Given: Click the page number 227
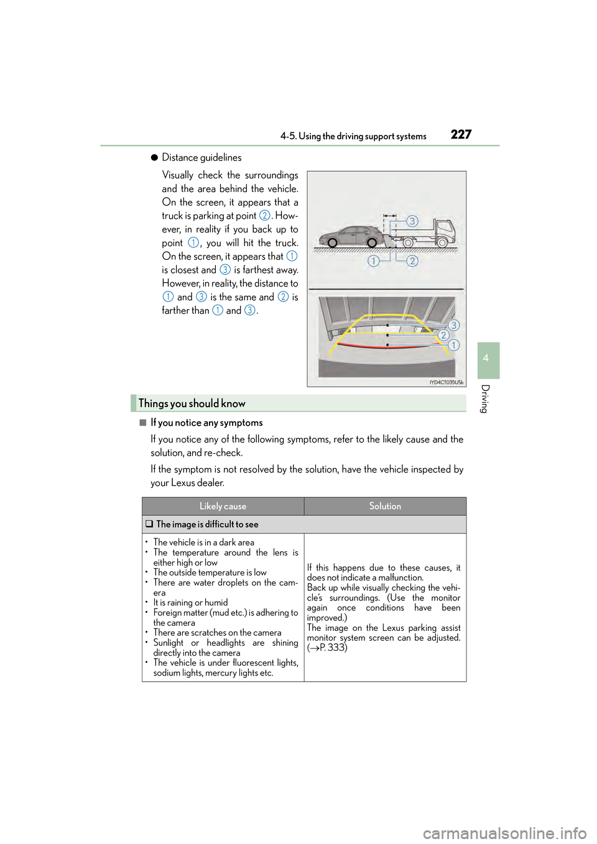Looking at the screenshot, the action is point(461,134).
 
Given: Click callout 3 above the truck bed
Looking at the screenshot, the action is point(412,221).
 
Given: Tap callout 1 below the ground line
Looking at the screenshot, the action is point(373,261).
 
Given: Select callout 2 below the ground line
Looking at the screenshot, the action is point(412,261).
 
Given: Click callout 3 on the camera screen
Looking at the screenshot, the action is point(453,325).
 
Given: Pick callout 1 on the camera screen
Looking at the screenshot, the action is point(453,345).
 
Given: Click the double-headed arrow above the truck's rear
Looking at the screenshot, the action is point(390,216).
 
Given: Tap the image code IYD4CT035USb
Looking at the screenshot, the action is point(447,382).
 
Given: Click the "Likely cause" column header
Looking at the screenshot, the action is point(223,506).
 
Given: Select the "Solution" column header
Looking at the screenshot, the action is point(385,506).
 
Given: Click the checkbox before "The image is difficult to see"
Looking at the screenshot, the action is point(149,524).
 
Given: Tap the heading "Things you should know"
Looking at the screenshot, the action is point(192,403).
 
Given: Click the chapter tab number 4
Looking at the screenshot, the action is point(486,357).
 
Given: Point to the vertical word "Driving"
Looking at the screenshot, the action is point(486,398).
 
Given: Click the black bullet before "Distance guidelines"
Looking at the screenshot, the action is point(154,157).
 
